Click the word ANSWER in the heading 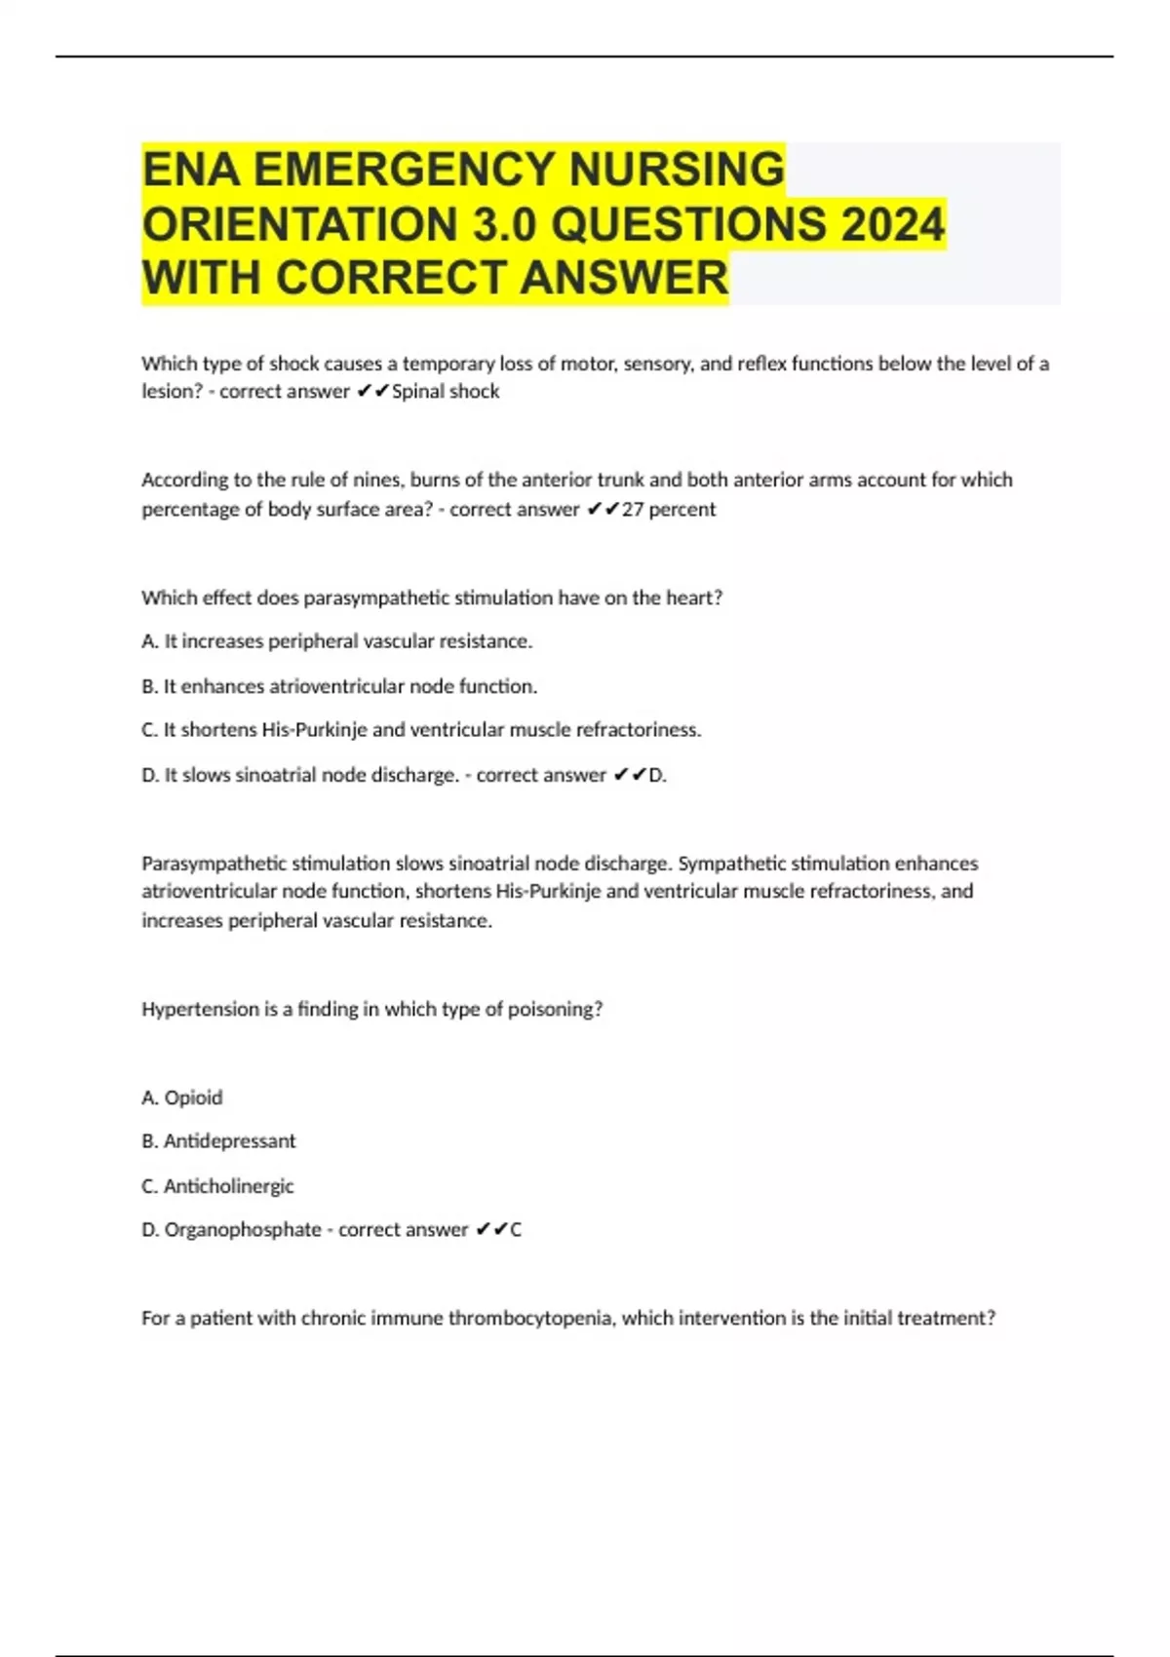tap(624, 278)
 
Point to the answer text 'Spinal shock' tap(446, 392)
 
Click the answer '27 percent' tap(669, 509)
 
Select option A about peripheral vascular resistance tap(336, 641)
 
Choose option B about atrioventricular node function tap(339, 686)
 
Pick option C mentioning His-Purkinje tap(421, 730)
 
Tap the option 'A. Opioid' tap(182, 1098)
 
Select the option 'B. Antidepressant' tap(218, 1140)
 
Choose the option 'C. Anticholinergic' tap(217, 1186)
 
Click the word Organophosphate tap(242, 1230)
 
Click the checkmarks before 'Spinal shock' tap(372, 392)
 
